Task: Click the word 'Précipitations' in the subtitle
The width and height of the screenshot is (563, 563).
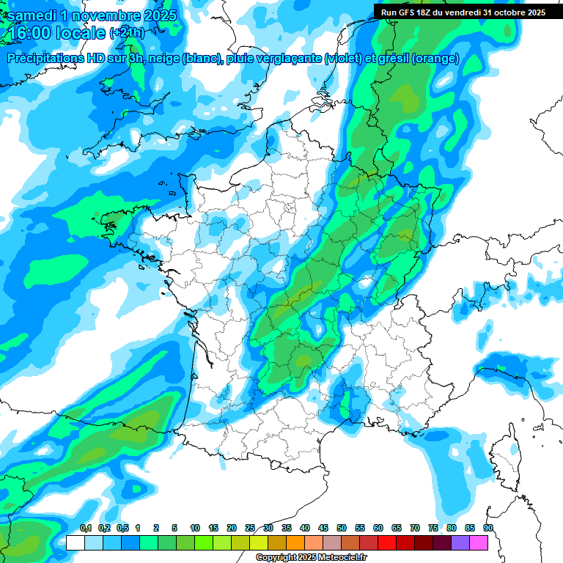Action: pyautogui.click(x=45, y=59)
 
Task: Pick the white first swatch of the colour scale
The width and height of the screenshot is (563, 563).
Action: pyautogui.click(x=75, y=543)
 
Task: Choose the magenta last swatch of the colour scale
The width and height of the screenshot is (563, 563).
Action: pyautogui.click(x=479, y=543)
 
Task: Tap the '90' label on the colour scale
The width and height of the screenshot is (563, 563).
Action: pyautogui.click(x=487, y=528)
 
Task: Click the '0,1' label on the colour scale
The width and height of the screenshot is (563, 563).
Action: pyautogui.click(x=85, y=528)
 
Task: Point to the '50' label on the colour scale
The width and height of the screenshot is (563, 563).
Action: pyautogui.click(x=342, y=528)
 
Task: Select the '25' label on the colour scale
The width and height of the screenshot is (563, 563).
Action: pyautogui.click(x=250, y=528)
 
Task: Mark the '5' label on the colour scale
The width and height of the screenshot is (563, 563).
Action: pyautogui.click(x=174, y=528)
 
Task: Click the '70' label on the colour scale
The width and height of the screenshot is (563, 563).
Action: pyautogui.click(x=415, y=528)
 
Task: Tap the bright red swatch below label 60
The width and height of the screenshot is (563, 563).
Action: pyautogui.click(x=387, y=543)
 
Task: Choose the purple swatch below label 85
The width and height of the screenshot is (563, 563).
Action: pyautogui.click(x=460, y=543)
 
